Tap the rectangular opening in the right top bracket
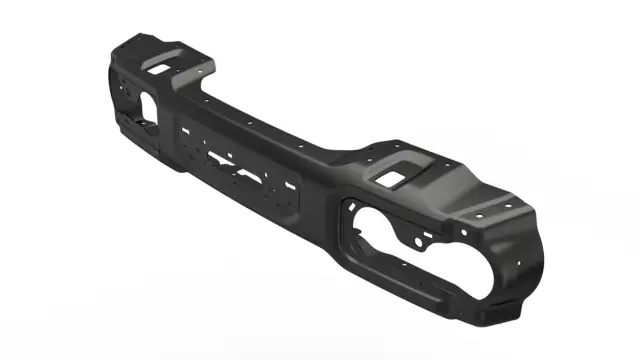tap(394, 176)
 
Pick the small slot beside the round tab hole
tap(428, 236)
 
